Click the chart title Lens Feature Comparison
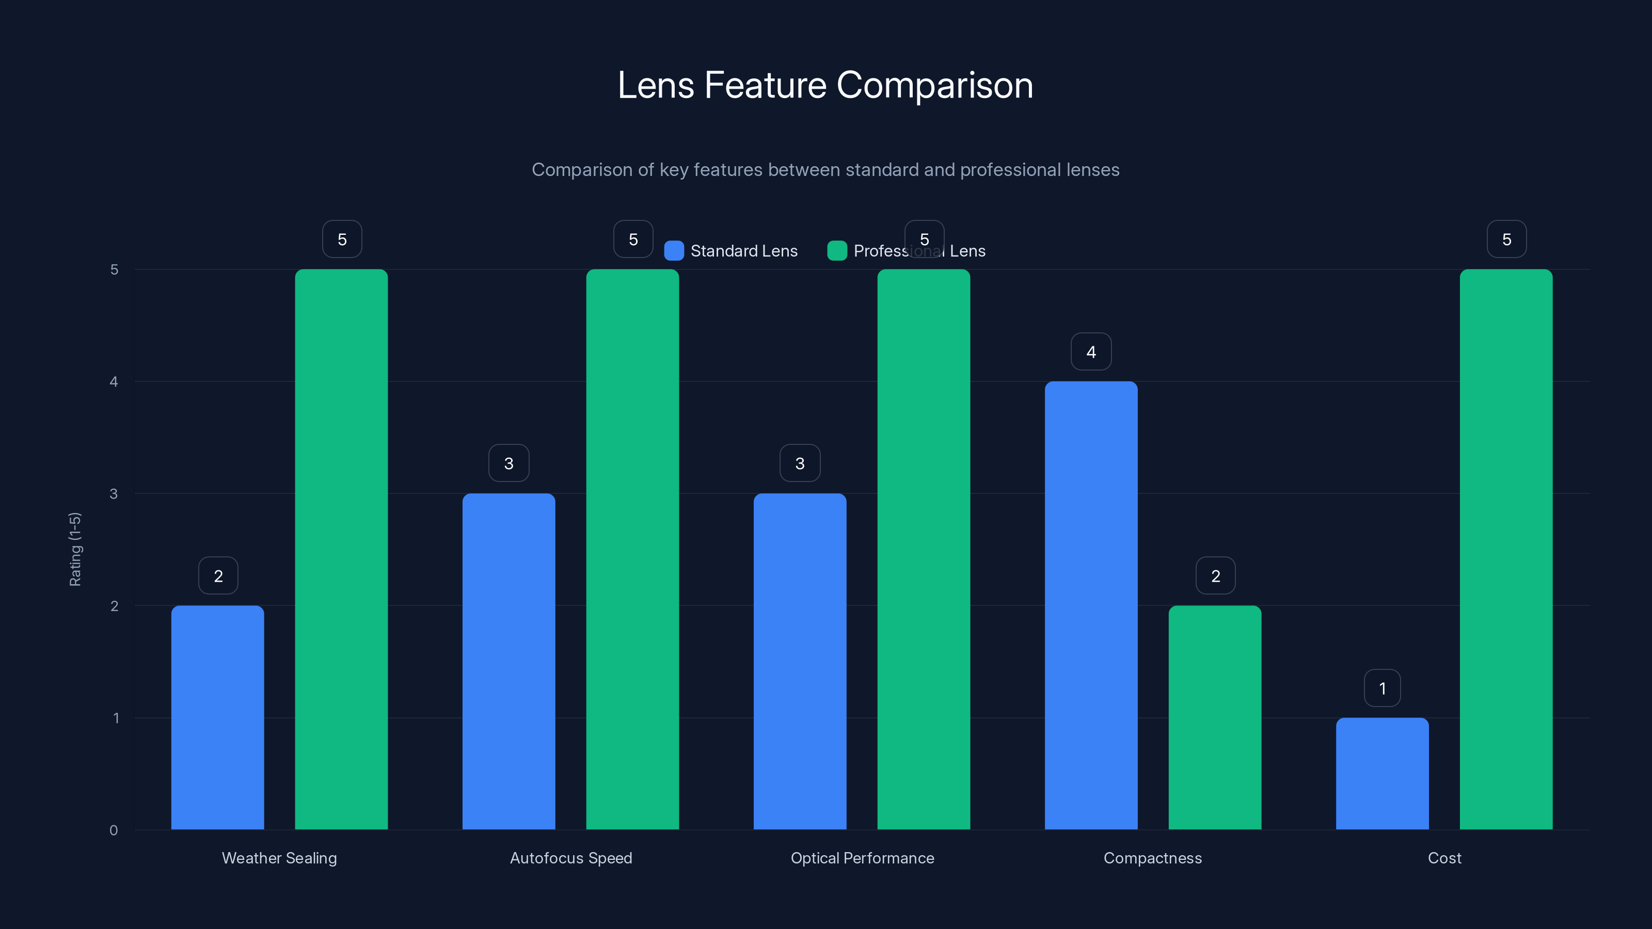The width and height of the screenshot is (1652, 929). click(x=825, y=85)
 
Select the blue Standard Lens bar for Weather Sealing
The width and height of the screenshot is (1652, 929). click(x=217, y=718)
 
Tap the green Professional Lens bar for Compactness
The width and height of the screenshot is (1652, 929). click(x=1215, y=718)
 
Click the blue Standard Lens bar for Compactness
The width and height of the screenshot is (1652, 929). click(x=1091, y=606)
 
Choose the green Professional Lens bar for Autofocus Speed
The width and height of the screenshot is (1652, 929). click(x=632, y=550)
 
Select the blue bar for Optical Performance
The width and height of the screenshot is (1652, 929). click(x=800, y=662)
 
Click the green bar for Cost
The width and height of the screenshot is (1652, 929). click(x=1506, y=550)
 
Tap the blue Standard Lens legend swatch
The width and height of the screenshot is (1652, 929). click(x=674, y=251)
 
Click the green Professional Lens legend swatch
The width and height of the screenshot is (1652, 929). click(x=837, y=251)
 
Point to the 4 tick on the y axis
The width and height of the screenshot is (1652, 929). click(x=114, y=382)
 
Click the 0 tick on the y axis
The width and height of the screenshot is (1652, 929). click(x=114, y=830)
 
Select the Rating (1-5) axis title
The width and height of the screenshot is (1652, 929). click(x=75, y=550)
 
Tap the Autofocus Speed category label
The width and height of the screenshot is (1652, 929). click(x=571, y=858)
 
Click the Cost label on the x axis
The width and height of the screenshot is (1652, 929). click(x=1444, y=858)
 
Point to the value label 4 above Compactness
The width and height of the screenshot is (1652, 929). click(x=1091, y=352)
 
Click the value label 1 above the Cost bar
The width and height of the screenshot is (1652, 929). click(x=1382, y=688)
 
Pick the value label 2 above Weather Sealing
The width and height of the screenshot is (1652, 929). click(x=218, y=576)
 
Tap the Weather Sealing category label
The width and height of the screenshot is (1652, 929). click(x=279, y=858)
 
